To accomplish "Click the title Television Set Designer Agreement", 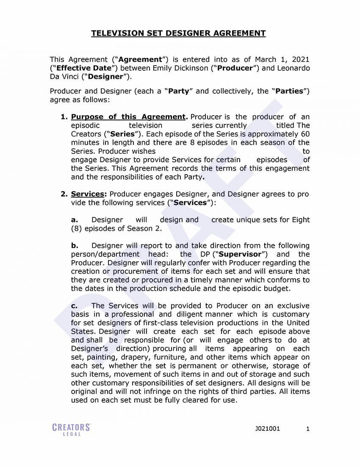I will pyautogui.click(x=178, y=33).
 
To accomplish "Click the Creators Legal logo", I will pyautogui.click(x=72, y=429).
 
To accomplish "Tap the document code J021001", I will pyautogui.click(x=267, y=429).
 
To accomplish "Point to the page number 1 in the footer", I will pyautogui.click(x=308, y=429).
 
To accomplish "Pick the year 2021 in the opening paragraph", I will pyautogui.click(x=300, y=60).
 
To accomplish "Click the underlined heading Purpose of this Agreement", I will pyautogui.click(x=128, y=117).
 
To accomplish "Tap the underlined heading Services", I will pyautogui.click(x=87, y=194).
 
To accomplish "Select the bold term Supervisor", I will pyautogui.click(x=241, y=254).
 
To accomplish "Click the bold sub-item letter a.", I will pyautogui.click(x=75, y=220).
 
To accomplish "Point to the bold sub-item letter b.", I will pyautogui.click(x=75, y=246).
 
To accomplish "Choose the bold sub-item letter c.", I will pyautogui.click(x=74, y=306).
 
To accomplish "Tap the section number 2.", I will pyautogui.click(x=64, y=194).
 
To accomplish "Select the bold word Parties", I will pyautogui.click(x=290, y=92).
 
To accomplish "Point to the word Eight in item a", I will pyautogui.click(x=301, y=220).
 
